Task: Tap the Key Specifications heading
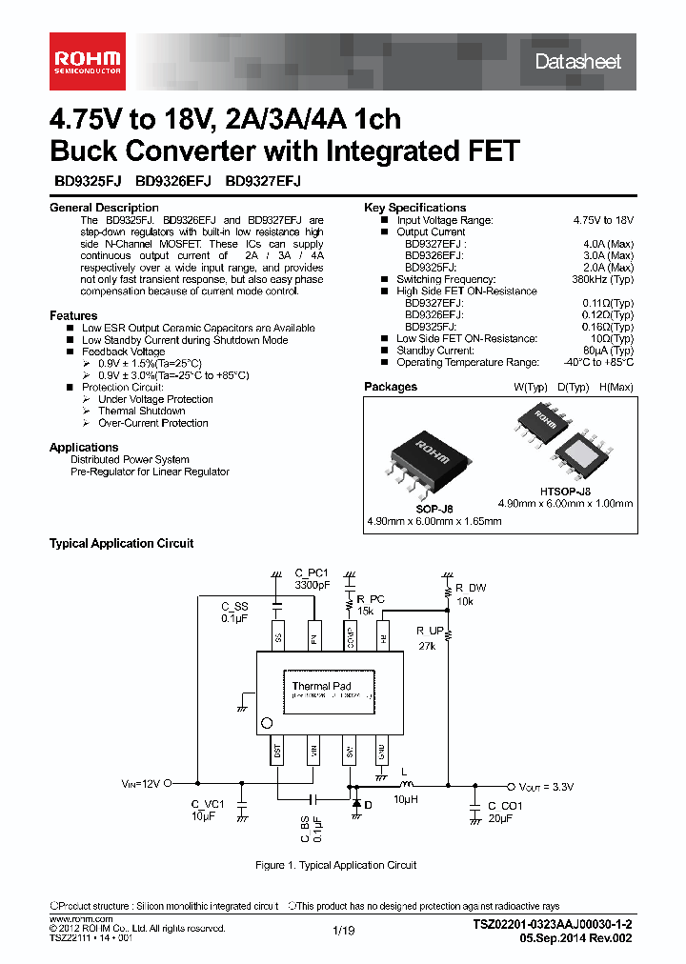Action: [414, 208]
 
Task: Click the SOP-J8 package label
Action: [434, 510]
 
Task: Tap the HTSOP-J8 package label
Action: [565, 492]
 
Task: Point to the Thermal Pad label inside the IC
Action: [321, 686]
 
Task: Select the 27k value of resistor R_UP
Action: [426, 646]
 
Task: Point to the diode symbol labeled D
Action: [356, 805]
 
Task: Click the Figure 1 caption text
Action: [336, 865]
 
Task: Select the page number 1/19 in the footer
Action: [343, 930]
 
